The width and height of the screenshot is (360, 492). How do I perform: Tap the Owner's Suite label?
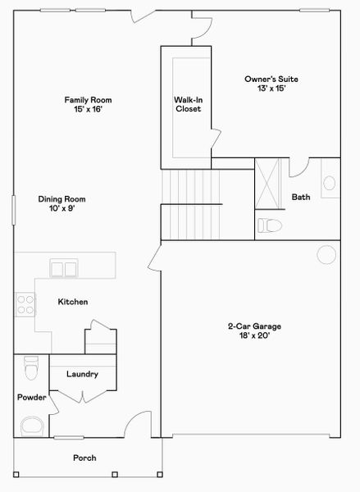pos(271,80)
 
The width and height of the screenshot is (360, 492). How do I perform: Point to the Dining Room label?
pos(62,198)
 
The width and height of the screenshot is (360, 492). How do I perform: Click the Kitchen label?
pos(72,302)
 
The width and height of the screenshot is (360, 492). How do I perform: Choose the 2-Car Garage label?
pos(254,326)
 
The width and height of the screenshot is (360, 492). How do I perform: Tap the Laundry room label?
pos(82,374)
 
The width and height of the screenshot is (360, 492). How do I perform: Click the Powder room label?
pos(32,398)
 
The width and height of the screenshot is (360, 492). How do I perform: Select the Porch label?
pos(85,458)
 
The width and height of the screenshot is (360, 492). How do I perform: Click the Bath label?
pos(301,197)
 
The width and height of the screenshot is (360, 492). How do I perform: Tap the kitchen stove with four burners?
pos(25,305)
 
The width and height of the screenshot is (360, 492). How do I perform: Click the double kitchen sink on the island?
pos(64,267)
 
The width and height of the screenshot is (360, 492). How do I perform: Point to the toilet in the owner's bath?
pos(270,225)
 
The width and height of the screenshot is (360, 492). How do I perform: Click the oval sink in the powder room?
pos(33,426)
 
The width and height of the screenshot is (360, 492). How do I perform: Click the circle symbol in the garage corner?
pos(326,254)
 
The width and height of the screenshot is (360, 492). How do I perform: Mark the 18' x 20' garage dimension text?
pos(254,336)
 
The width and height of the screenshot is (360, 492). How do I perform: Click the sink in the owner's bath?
pos(329,183)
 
